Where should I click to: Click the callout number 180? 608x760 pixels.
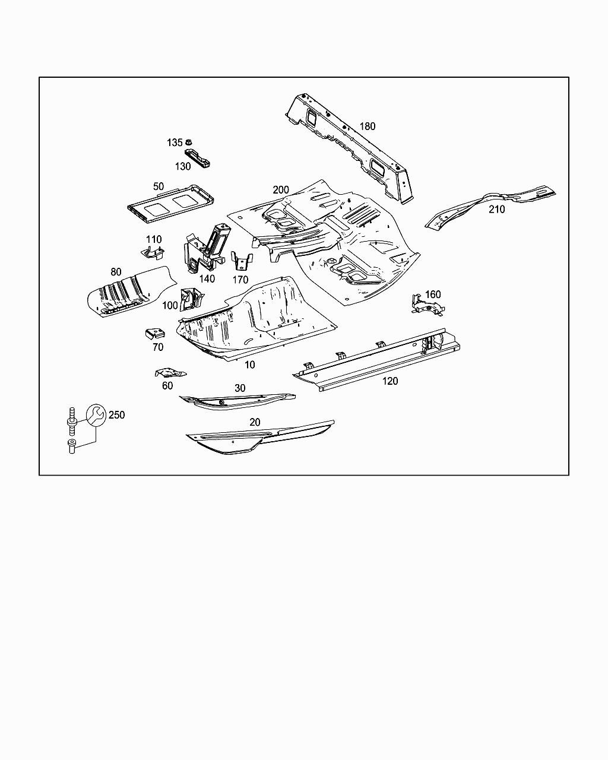click(x=368, y=126)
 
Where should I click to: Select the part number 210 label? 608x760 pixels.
click(x=496, y=209)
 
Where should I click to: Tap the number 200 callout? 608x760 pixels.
click(x=281, y=190)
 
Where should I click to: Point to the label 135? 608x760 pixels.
click(x=175, y=142)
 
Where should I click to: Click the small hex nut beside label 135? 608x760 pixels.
click(x=189, y=142)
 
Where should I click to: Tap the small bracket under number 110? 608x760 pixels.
click(x=153, y=253)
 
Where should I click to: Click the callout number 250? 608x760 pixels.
click(x=117, y=414)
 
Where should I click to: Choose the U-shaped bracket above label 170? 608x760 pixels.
click(x=241, y=262)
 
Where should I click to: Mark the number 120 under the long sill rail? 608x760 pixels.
click(x=389, y=381)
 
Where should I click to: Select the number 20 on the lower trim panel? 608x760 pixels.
click(x=255, y=422)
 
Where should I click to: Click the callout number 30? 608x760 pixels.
click(x=240, y=388)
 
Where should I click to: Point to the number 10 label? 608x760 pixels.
click(x=250, y=365)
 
